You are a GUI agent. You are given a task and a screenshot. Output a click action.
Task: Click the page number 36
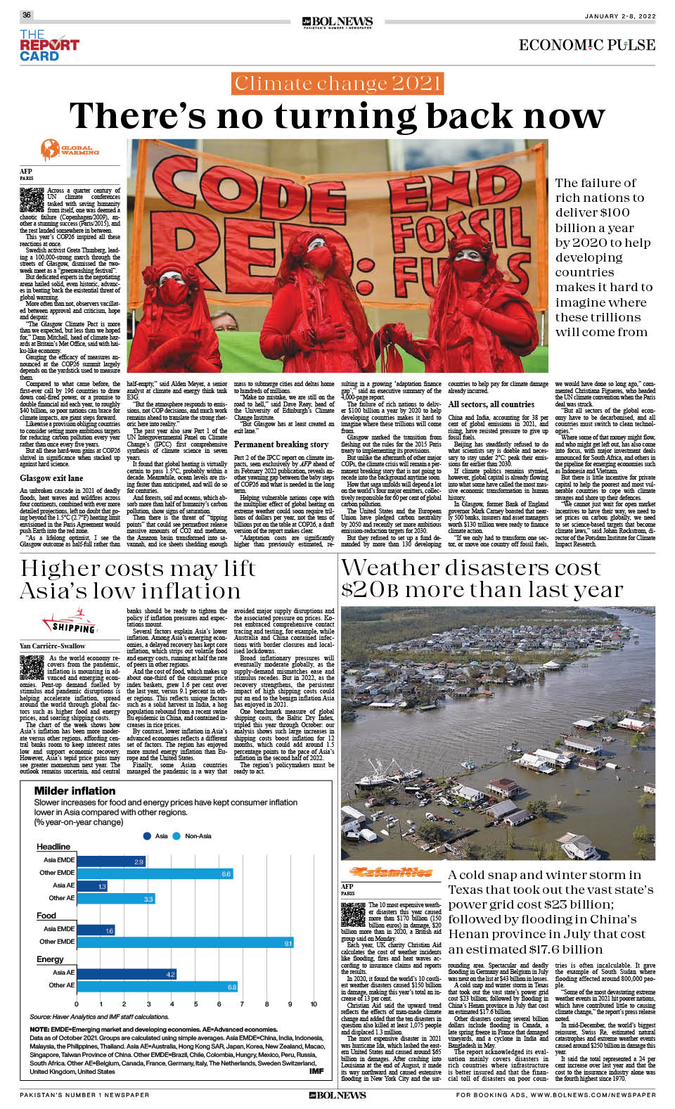tap(27, 15)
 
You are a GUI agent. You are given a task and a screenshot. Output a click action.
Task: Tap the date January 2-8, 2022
tap(619, 15)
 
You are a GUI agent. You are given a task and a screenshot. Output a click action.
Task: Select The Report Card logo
tap(49, 45)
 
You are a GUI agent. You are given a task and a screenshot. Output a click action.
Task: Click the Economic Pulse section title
tap(586, 45)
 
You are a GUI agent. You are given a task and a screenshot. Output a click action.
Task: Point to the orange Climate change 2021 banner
tap(337, 84)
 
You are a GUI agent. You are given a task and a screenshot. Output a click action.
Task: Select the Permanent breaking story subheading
tap(281, 444)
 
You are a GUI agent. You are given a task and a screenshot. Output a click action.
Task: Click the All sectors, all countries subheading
tap(491, 404)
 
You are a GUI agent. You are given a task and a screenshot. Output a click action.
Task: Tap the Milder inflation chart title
tap(75, 790)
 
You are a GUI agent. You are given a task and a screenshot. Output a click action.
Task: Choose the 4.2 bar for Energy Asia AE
tap(127, 974)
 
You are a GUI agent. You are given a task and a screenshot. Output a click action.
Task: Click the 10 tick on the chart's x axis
tap(314, 1004)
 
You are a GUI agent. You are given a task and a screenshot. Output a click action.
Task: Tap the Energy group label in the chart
tap(50, 959)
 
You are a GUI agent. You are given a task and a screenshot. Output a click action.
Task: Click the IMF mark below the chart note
tap(316, 1071)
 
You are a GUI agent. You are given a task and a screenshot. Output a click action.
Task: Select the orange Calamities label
tap(391, 872)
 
